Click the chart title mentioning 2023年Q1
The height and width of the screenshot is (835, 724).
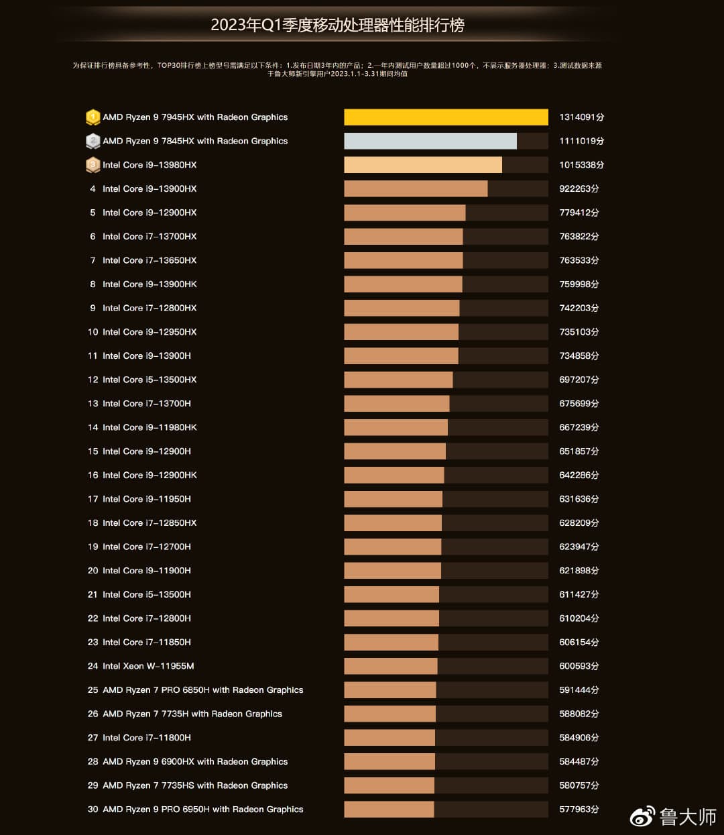pos(337,25)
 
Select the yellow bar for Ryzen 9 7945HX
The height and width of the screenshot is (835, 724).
pos(446,117)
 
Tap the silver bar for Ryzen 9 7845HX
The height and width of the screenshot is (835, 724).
pos(430,141)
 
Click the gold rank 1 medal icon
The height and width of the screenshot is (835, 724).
pos(93,117)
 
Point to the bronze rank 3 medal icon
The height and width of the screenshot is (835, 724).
pos(93,165)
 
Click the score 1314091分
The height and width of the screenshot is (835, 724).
pos(581,117)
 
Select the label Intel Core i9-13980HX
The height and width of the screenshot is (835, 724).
pos(149,165)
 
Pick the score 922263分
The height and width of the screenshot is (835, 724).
pos(579,189)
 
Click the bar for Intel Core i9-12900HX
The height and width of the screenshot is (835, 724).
pos(405,213)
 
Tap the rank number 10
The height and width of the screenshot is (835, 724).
pos(93,332)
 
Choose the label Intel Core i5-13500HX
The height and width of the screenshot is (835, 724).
pos(149,380)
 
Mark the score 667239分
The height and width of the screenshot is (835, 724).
pos(579,427)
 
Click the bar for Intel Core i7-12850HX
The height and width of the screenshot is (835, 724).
pos(393,523)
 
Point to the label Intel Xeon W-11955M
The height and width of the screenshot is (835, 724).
pos(148,666)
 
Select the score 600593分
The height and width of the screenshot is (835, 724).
pos(579,666)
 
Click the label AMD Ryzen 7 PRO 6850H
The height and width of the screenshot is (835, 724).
pos(202,690)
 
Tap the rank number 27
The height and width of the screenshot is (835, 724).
pos(93,738)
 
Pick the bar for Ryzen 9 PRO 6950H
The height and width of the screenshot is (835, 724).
pos(389,810)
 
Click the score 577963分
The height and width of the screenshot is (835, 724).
pos(579,810)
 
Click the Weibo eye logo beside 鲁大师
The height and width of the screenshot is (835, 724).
pos(642,816)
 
